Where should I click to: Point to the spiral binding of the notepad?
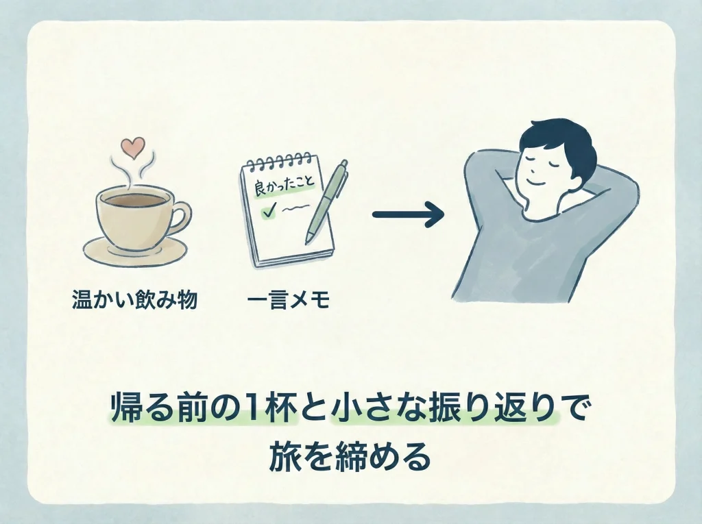point(278,162)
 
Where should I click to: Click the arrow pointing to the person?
point(407,215)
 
